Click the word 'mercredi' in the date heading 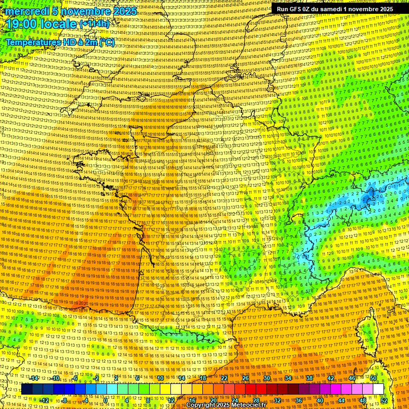pos(27,11)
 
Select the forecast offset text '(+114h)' pos(95,24)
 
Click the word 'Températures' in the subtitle pos(34,42)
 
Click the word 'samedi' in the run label pos(329,9)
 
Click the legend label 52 pos(384,400)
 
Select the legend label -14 pos(34,378)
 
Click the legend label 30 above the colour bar pos(266,378)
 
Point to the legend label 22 pos(224,378)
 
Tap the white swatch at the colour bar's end pos(378,389)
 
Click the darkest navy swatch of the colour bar pos(27,389)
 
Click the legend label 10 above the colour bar pos(161,378)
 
